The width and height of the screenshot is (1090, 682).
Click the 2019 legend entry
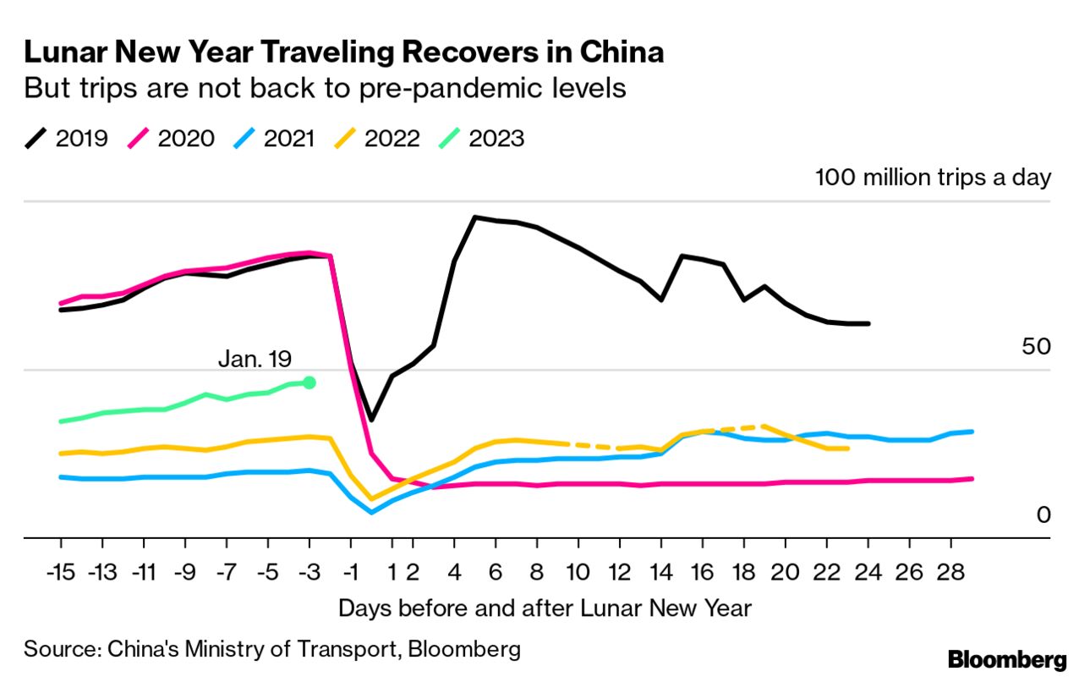(67, 138)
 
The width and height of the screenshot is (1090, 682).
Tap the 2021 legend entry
(274, 138)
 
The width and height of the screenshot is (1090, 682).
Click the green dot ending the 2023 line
(309, 382)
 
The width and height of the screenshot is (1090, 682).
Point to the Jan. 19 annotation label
(254, 359)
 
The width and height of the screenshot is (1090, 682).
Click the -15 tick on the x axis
(62, 573)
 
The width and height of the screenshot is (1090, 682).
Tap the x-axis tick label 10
(578, 573)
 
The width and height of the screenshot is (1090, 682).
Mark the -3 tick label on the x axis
(309, 573)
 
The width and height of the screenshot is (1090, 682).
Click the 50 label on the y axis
(1036, 347)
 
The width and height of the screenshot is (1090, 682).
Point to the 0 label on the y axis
(1043, 514)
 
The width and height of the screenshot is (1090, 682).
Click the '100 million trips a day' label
(933, 178)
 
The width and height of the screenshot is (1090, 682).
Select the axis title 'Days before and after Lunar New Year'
(545, 608)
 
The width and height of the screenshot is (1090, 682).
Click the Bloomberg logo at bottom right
(1007, 660)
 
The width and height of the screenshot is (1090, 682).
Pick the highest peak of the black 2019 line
(475, 217)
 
